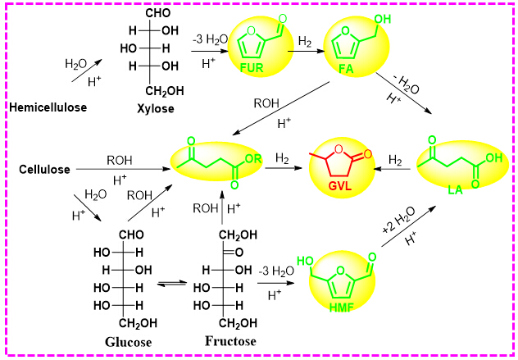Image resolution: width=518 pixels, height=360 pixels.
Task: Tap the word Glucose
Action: (129, 340)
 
